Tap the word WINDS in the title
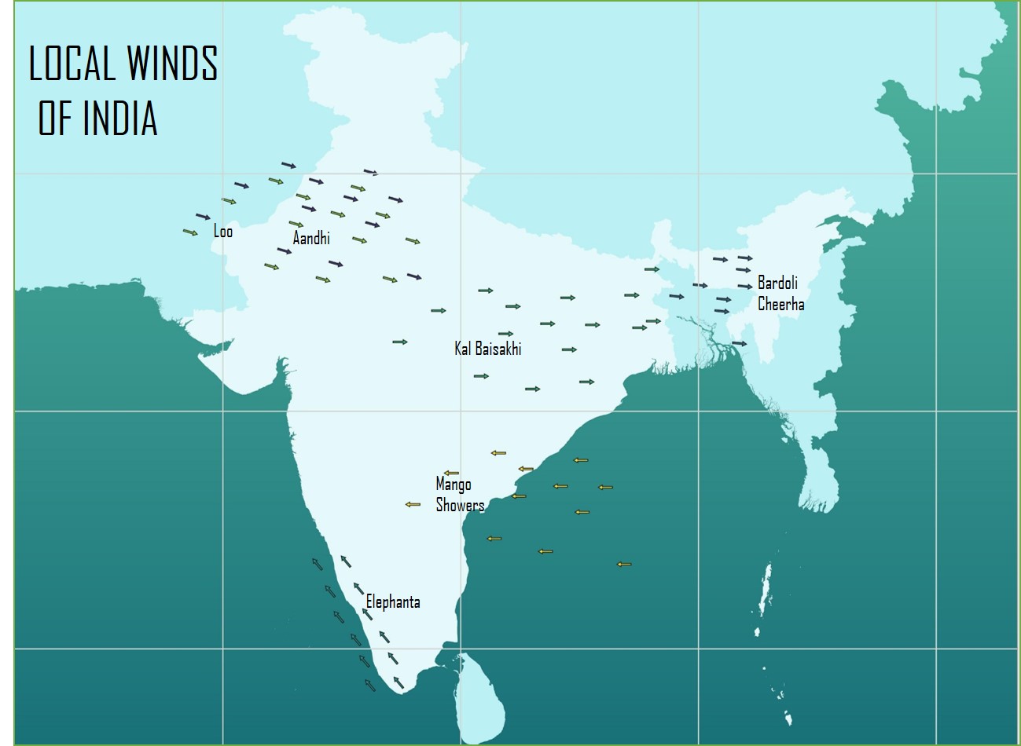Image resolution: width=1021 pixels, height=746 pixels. (168, 64)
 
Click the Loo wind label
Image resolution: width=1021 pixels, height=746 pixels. (223, 231)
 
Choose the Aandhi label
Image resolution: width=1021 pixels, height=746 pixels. (311, 237)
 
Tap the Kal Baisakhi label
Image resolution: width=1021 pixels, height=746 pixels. (487, 348)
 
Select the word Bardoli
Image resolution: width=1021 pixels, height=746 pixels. (777, 283)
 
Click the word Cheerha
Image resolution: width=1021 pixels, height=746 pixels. (780, 304)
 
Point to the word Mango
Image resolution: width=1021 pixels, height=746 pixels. (454, 484)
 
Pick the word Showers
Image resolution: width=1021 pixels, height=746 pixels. (460, 505)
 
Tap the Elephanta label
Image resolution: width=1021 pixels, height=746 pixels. (393, 602)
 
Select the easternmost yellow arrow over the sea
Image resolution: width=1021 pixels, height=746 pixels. (624, 564)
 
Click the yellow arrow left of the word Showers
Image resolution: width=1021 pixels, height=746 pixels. (413, 504)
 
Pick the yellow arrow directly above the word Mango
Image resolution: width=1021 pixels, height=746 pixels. (451, 473)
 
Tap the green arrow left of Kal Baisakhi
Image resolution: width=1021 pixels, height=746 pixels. (400, 342)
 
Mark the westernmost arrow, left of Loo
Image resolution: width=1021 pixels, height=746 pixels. (190, 232)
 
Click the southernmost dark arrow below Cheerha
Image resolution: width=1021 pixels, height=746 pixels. (739, 343)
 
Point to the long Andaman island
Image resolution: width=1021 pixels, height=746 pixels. (762, 589)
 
